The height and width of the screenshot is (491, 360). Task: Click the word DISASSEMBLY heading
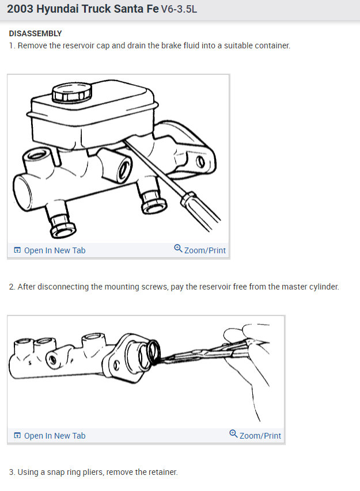click(x=35, y=34)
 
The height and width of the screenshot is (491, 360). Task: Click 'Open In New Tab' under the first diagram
click(x=54, y=250)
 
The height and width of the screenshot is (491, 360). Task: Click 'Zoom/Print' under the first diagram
click(x=204, y=250)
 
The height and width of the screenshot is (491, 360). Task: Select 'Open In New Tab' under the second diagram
click(x=54, y=436)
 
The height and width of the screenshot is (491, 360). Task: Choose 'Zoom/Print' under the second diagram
click(x=260, y=436)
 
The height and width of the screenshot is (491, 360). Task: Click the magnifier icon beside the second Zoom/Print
click(x=233, y=434)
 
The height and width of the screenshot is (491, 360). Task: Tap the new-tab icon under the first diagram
click(x=17, y=250)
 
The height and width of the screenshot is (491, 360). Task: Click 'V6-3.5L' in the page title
click(x=179, y=10)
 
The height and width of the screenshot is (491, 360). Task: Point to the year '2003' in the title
click(x=20, y=10)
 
